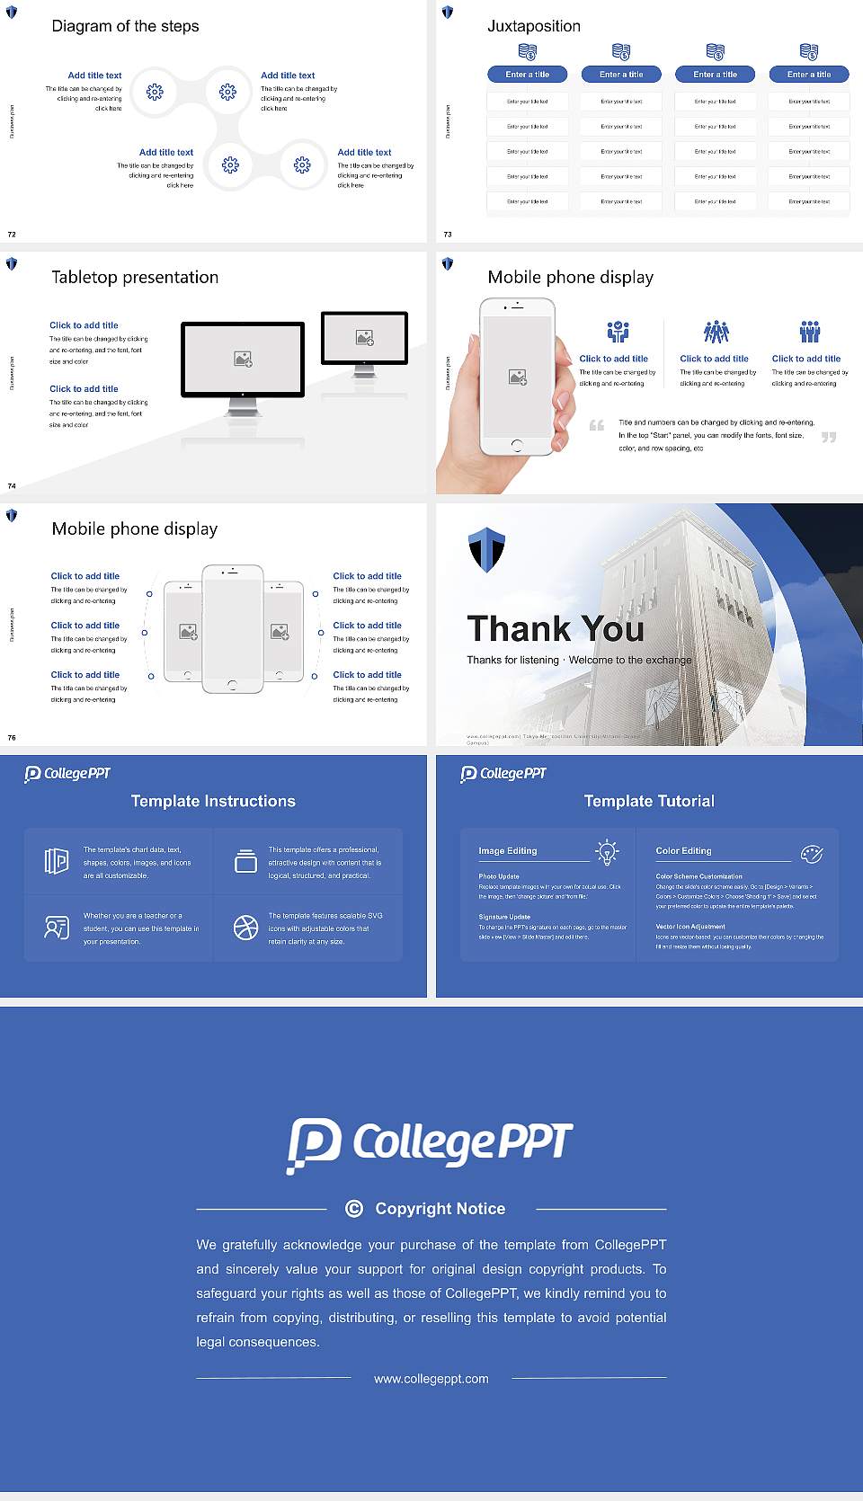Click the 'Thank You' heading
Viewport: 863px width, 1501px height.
(556, 629)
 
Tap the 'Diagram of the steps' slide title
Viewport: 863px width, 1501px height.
(125, 26)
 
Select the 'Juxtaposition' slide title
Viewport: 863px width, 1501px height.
(534, 26)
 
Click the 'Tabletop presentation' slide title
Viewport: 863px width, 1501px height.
(135, 278)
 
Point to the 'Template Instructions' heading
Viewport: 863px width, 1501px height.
(213, 801)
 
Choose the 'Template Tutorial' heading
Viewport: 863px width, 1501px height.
(649, 801)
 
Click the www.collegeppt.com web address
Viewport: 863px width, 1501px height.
(431, 1379)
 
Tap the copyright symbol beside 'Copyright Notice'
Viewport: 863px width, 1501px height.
(354, 1209)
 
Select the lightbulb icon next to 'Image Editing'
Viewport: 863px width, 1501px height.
(608, 852)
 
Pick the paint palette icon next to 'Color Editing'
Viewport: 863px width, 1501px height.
(812, 853)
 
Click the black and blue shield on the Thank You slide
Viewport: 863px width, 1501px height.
(486, 550)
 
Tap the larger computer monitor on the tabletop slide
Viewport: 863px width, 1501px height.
(243, 360)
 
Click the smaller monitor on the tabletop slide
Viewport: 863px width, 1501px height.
(364, 338)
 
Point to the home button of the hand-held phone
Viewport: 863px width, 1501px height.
(516, 445)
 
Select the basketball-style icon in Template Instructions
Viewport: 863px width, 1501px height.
(245, 928)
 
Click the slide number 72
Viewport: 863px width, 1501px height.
(12, 235)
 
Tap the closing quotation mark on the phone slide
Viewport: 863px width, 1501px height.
(829, 437)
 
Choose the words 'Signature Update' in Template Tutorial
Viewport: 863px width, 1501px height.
(504, 917)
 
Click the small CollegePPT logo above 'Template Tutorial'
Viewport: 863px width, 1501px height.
(503, 773)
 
